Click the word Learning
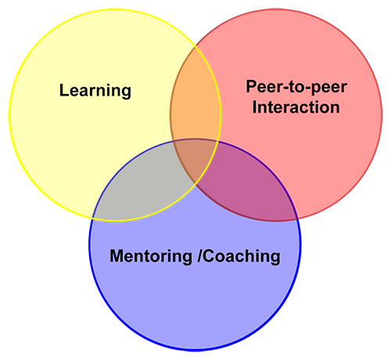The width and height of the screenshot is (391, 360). (95, 91)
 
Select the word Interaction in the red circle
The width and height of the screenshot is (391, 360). (296, 107)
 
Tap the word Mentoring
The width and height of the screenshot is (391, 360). (151, 257)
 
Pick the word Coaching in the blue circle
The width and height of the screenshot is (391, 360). (242, 257)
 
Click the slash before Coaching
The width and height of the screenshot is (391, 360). (199, 256)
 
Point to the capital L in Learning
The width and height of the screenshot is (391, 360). (64, 90)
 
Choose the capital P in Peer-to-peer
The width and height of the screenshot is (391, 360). (252, 86)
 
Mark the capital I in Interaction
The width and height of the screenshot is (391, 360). (254, 107)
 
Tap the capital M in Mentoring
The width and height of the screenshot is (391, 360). (116, 256)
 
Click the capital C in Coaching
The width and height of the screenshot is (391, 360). (208, 256)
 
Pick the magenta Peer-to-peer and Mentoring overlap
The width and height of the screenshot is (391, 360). (250, 188)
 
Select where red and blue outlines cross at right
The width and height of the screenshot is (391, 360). (297, 218)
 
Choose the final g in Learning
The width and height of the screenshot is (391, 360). (126, 93)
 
